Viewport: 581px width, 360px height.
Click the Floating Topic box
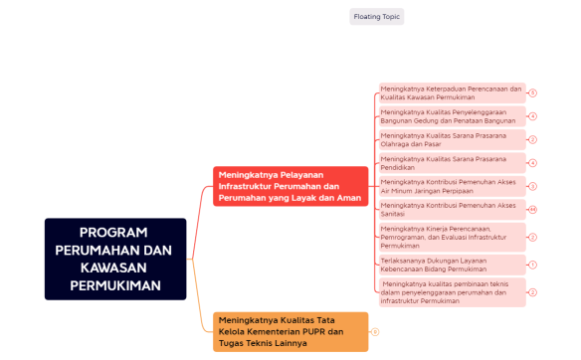pyautogui.click(x=377, y=17)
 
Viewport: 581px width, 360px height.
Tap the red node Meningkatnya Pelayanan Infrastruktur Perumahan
pyautogui.click(x=290, y=186)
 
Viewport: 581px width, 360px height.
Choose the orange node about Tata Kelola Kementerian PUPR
pyautogui.click(x=290, y=331)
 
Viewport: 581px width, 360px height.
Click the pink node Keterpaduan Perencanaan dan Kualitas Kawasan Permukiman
pyautogui.click(x=452, y=92)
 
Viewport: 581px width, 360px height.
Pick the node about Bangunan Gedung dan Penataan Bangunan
pyautogui.click(x=452, y=116)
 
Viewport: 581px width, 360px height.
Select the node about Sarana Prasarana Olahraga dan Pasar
pyautogui.click(x=452, y=139)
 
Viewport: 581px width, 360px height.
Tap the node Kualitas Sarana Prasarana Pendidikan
pyautogui.click(x=452, y=163)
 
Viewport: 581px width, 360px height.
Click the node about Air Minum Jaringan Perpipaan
pyautogui.click(x=452, y=186)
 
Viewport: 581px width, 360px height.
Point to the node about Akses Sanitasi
pyautogui.click(x=452, y=209)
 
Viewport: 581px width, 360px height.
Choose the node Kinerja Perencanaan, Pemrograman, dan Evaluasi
pyautogui.click(x=452, y=237)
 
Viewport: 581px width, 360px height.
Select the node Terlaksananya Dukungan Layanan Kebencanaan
pyautogui.click(x=452, y=265)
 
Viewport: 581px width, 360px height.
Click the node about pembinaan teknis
pyautogui.click(x=452, y=292)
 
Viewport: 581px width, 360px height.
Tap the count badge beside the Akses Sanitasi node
pyautogui.click(x=532, y=210)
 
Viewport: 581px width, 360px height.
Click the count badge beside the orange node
pyautogui.click(x=375, y=331)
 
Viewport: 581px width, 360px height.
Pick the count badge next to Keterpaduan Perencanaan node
pyautogui.click(x=532, y=92)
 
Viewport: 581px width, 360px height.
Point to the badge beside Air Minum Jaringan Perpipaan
pyautogui.click(x=532, y=186)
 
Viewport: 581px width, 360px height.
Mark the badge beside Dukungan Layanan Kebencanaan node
pyautogui.click(x=532, y=265)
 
